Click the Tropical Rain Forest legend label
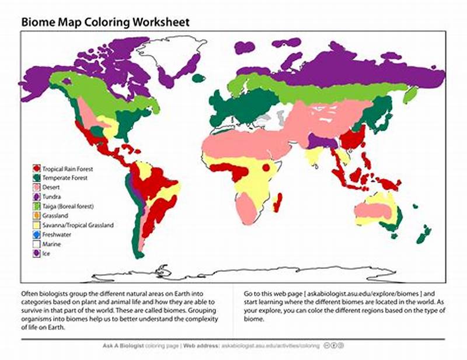(68, 169)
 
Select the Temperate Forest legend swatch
(36, 179)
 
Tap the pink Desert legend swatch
(36, 188)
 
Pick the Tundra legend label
(51, 197)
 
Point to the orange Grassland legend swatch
(36, 216)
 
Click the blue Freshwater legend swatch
(36, 235)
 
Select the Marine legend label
(51, 244)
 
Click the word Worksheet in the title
(160, 22)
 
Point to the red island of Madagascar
(278, 202)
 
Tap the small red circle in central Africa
(266, 168)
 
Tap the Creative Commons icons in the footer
(333, 346)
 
